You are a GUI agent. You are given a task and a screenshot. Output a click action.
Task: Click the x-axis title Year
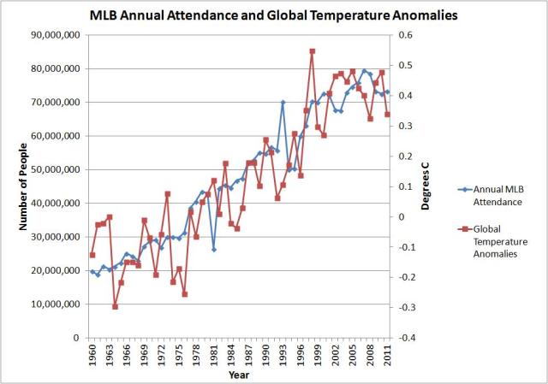(x=239, y=374)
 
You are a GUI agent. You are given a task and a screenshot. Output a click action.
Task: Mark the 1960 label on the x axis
(x=92, y=352)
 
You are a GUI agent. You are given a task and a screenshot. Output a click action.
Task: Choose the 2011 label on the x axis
(x=388, y=352)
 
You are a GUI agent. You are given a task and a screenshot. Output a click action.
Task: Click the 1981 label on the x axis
(x=214, y=352)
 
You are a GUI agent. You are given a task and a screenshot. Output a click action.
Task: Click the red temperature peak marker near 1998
(x=313, y=51)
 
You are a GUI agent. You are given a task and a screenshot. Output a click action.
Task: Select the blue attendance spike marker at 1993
(x=283, y=103)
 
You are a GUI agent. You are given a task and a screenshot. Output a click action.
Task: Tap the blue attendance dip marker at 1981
(x=214, y=250)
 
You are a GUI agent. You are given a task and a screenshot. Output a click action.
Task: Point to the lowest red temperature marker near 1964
(x=116, y=306)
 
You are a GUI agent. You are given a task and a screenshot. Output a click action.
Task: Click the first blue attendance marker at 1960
(x=92, y=271)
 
